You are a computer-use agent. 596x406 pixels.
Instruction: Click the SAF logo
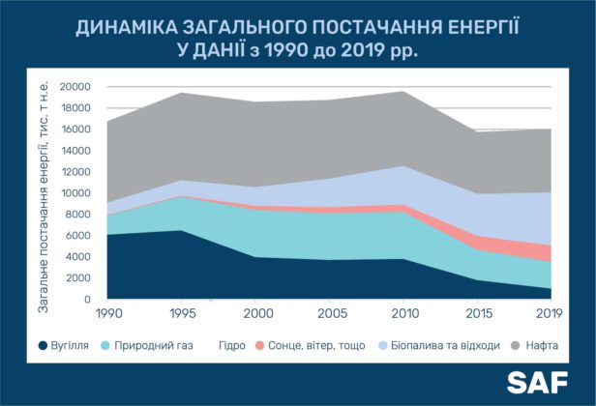point(537,383)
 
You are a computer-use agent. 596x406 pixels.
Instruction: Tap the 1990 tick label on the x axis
point(109,314)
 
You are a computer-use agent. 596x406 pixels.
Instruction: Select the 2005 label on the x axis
point(332,314)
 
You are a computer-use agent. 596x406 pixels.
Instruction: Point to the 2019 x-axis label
point(549,314)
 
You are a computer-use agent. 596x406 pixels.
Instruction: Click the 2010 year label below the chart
point(404,314)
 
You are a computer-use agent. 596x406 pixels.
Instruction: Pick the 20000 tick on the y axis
point(75,87)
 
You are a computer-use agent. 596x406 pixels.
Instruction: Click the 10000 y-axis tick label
point(75,193)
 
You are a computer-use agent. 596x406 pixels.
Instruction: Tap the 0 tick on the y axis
point(88,300)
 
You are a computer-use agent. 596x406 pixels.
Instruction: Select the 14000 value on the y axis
point(75,151)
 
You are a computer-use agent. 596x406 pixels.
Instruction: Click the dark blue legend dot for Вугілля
point(43,346)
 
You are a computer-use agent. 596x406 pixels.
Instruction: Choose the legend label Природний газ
point(154,346)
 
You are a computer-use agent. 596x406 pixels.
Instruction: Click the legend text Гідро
point(232,346)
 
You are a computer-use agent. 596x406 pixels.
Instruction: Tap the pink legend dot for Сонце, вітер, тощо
point(259,346)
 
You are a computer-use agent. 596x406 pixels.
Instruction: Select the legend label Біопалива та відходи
point(445,346)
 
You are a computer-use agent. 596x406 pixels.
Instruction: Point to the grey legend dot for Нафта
point(516,346)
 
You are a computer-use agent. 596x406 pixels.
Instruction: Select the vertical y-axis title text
point(44,197)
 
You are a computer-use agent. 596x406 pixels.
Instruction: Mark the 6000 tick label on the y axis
point(77,236)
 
